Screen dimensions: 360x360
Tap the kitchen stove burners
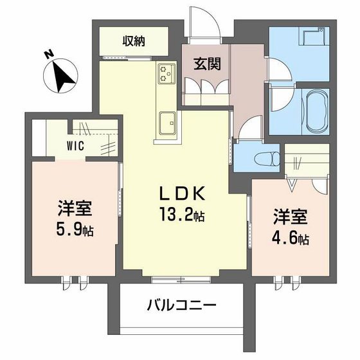(x=166, y=74)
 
